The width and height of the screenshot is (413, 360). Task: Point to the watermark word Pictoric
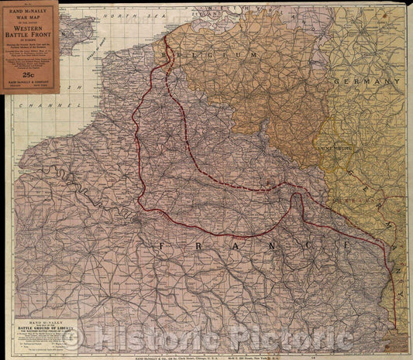tap(294, 339)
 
